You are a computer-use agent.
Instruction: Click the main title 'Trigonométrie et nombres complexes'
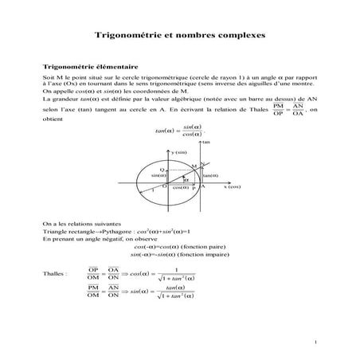pos(180,36)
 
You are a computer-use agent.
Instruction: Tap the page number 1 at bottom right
pos(315,342)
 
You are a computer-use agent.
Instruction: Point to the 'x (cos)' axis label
pos(231,186)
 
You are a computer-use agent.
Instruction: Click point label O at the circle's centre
pos(164,186)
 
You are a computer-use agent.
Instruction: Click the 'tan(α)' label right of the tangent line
pos(210,175)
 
